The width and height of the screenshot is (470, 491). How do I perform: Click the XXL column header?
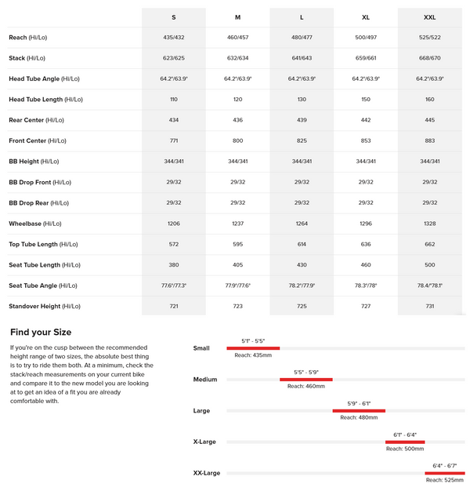[x=430, y=17]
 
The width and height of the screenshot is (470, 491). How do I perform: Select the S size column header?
[x=173, y=17]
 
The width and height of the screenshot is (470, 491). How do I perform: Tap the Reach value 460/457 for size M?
[x=237, y=38]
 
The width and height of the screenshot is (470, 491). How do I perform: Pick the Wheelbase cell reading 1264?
[x=302, y=224]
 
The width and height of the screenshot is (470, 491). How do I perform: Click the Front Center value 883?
[x=430, y=140]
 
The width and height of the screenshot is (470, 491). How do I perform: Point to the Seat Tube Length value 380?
[x=173, y=265]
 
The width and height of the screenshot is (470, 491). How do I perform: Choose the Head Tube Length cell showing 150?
[x=366, y=100]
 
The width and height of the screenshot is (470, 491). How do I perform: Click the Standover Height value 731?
[x=430, y=306]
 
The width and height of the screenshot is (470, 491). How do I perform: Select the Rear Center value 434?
[x=173, y=120]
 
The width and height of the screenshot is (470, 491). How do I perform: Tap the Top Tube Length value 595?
[x=237, y=244]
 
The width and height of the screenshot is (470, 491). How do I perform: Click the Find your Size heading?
[x=41, y=332]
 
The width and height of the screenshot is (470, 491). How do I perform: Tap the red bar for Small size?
[x=253, y=347]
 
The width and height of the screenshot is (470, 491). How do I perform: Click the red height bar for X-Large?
[x=405, y=442]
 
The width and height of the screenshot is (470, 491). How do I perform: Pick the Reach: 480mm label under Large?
[x=359, y=417]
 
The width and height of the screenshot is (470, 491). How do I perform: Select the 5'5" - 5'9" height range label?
[x=306, y=372]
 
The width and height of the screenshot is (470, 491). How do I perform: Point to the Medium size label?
[x=205, y=380]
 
